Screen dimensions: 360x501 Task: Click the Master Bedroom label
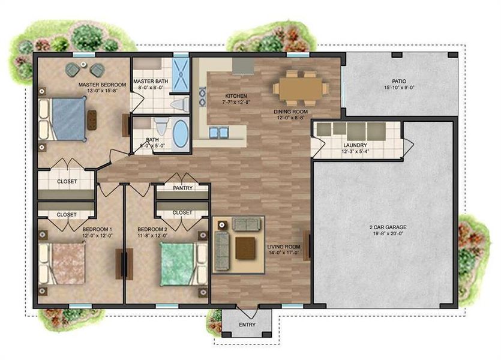pos(102,85)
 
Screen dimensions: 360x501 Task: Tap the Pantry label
pos(182,188)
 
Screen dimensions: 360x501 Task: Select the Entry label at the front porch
pos(246,325)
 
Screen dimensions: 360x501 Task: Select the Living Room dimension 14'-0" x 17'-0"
pos(283,253)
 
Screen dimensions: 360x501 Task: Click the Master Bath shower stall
pos(181,75)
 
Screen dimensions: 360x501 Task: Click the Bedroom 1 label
pos(97,229)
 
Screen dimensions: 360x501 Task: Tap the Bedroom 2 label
pos(152,229)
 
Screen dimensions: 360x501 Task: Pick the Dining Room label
pos(291,112)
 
